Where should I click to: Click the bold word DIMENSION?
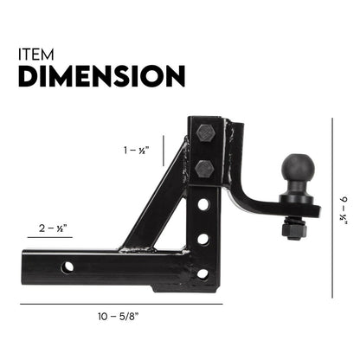click(100, 77)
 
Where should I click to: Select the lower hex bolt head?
click(204, 166)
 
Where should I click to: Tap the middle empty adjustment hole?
click(202, 238)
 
